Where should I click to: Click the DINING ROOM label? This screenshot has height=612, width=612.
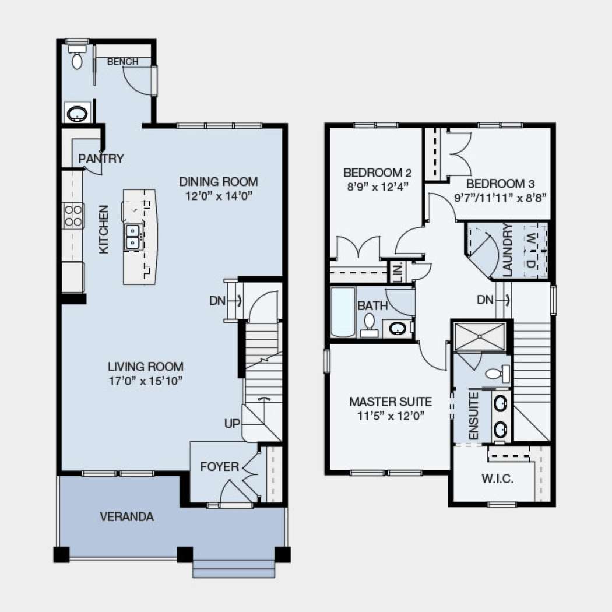point(219,182)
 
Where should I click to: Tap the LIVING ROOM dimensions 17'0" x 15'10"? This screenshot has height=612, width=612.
point(146,381)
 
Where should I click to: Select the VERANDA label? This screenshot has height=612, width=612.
point(127,517)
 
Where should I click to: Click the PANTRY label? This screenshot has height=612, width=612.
point(101,159)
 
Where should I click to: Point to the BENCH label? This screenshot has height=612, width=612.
point(122,62)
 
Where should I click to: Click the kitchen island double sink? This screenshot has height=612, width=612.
point(133,237)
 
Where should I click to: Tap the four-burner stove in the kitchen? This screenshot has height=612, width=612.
point(73,216)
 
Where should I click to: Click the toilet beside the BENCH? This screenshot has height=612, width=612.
point(76,57)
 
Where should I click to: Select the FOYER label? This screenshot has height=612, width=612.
point(219,466)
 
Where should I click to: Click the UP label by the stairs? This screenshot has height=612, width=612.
point(232,424)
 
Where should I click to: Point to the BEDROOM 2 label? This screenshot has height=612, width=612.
point(378,173)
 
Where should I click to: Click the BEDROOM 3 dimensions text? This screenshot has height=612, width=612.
point(500,198)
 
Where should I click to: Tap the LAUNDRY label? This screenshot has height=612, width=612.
point(508,250)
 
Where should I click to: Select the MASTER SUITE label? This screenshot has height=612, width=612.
point(391,402)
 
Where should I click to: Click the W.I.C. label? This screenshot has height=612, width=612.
point(497,479)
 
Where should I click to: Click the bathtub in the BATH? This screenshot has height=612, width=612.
point(343,312)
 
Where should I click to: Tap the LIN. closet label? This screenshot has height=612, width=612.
point(398,272)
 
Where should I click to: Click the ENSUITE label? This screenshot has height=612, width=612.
point(473,416)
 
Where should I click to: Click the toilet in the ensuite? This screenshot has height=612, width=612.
point(498,374)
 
